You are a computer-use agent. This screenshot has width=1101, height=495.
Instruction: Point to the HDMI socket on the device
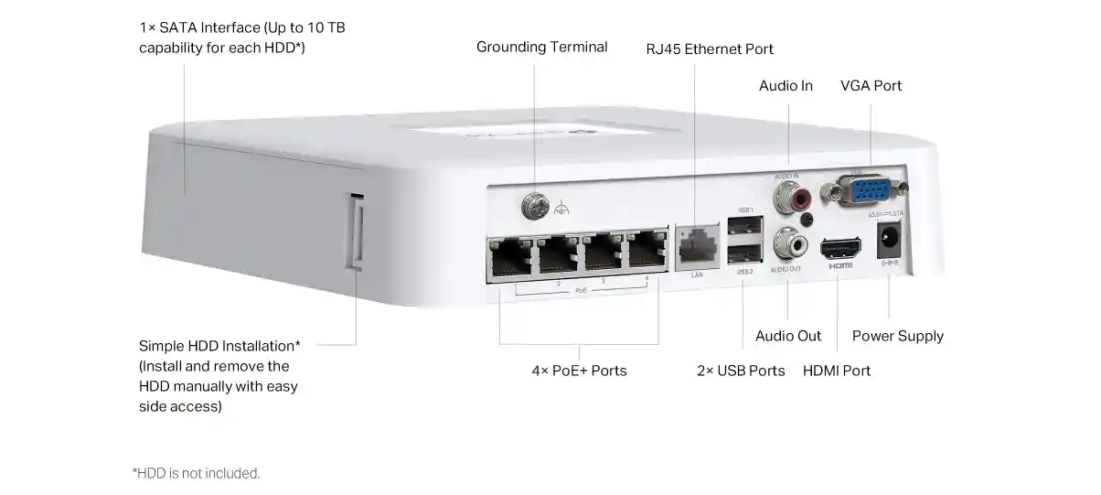click(839, 248)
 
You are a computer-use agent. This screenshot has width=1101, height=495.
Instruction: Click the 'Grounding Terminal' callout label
click(541, 47)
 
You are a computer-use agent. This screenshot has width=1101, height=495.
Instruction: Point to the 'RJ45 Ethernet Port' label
click(710, 49)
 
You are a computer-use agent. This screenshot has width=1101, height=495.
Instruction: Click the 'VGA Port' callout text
click(871, 86)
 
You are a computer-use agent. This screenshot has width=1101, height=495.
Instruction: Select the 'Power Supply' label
click(897, 336)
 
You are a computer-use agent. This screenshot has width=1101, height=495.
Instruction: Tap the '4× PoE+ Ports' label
click(579, 371)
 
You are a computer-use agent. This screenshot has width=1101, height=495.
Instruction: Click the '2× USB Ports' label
click(741, 371)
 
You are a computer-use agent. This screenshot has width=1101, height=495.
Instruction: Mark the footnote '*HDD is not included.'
click(197, 473)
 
